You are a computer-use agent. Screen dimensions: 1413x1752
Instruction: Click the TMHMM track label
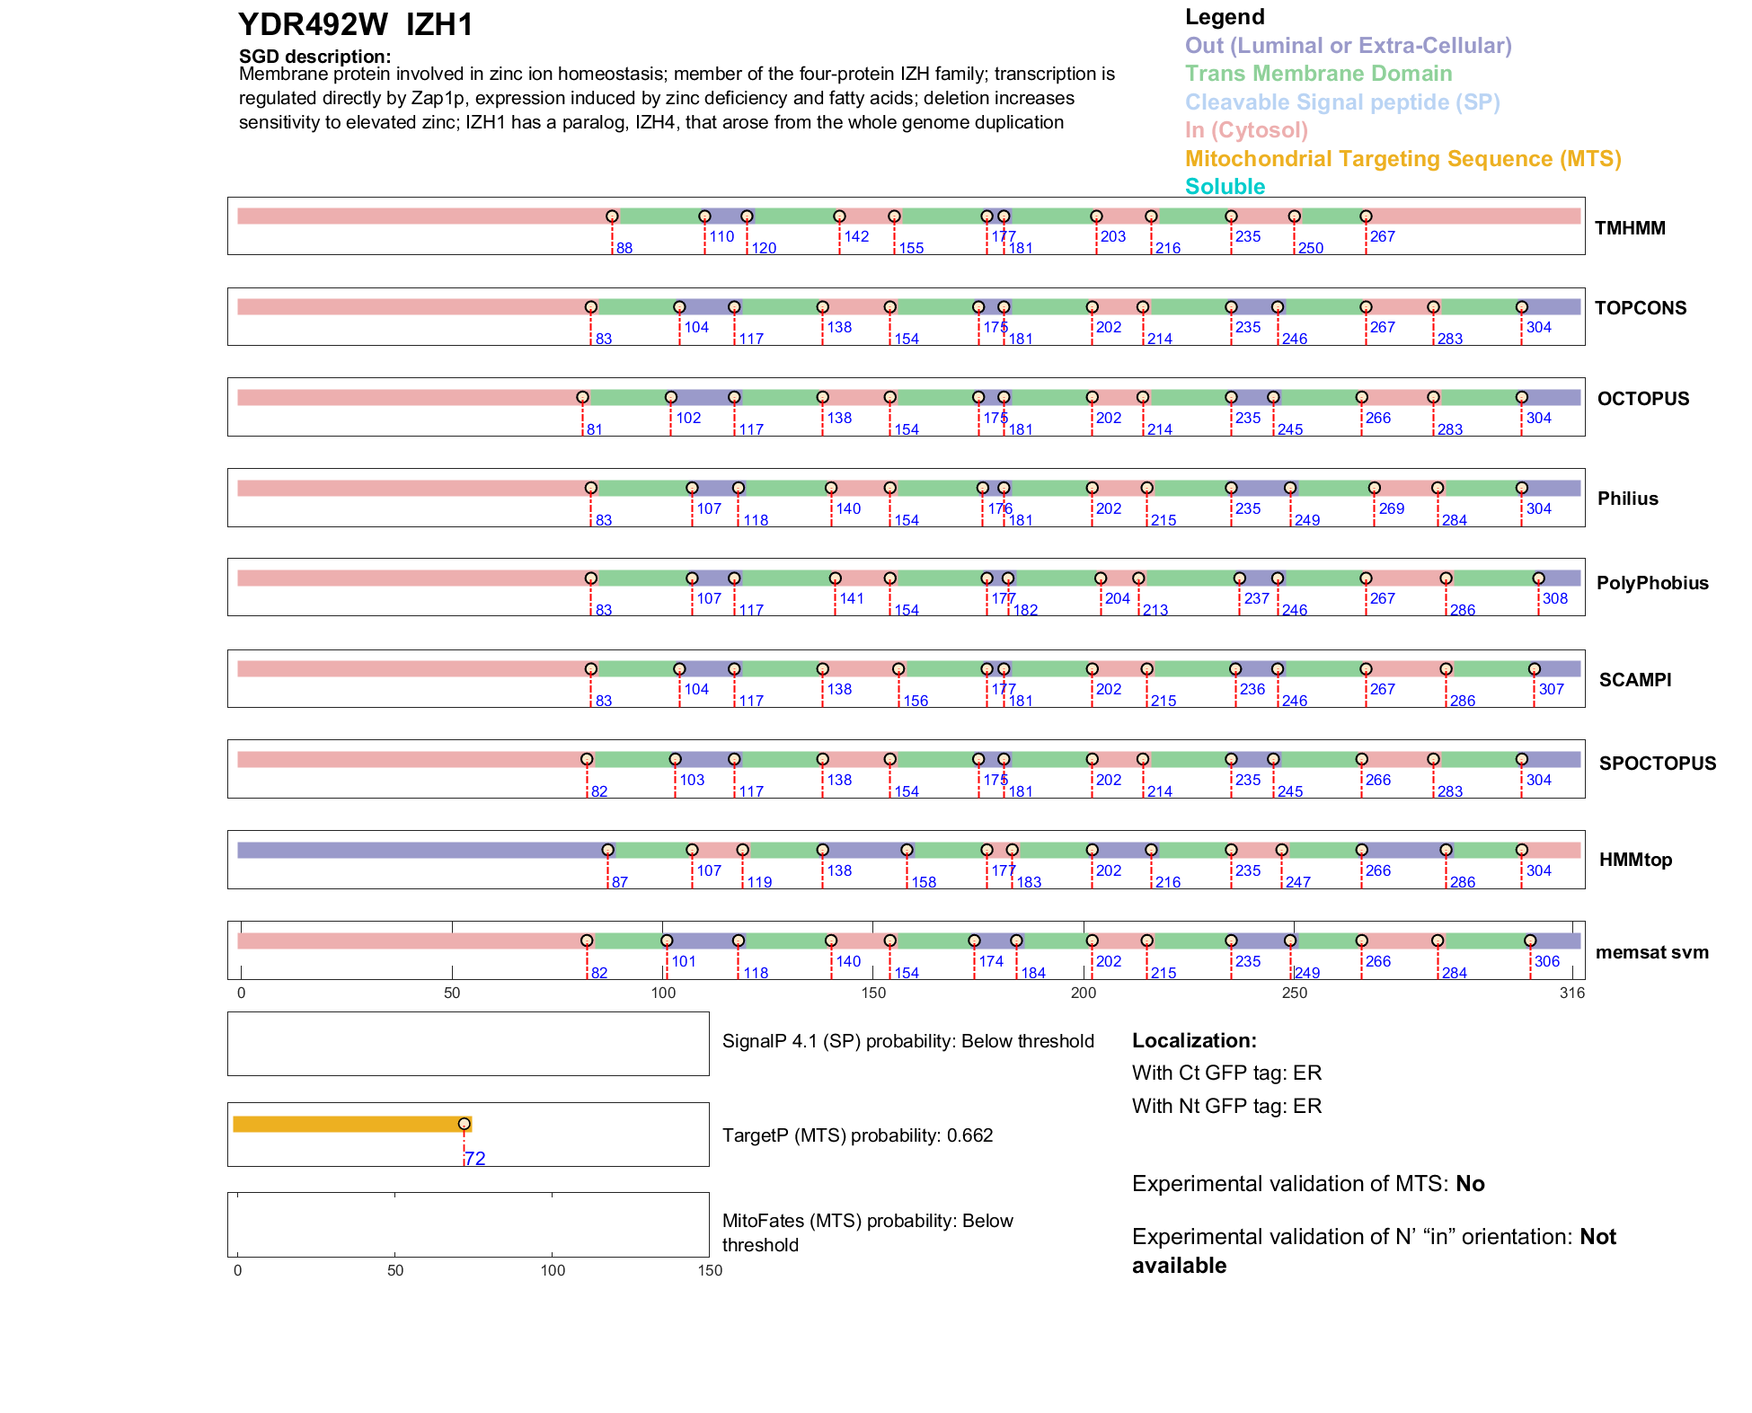(1629, 228)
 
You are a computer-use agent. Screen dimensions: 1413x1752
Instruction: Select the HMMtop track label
(1635, 860)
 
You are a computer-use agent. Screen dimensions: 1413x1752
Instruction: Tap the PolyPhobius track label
(1651, 583)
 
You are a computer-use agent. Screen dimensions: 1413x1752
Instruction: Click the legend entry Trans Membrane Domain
(1318, 74)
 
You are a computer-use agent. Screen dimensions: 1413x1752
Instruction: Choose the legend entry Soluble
(1225, 187)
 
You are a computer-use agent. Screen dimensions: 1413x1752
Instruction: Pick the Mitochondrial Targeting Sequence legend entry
(1402, 159)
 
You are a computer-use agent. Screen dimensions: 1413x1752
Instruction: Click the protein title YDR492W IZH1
(355, 25)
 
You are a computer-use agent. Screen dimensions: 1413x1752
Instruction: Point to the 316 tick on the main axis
(1572, 993)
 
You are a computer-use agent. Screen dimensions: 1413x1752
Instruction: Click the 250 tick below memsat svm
(1294, 993)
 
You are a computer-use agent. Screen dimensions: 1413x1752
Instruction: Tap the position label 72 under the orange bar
(475, 1159)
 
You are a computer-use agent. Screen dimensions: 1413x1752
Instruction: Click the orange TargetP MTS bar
(350, 1124)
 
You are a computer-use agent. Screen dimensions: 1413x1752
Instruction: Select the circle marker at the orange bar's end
(465, 1124)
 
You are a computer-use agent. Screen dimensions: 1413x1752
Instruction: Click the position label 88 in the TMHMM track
(624, 248)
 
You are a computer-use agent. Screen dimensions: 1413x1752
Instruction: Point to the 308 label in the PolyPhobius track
(1554, 599)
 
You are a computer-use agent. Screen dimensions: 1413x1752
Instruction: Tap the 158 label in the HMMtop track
(924, 882)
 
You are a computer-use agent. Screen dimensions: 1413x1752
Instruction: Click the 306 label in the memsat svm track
(1546, 961)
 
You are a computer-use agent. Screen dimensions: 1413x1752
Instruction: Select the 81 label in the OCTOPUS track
(594, 429)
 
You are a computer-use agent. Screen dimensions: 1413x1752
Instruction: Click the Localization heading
(1193, 1040)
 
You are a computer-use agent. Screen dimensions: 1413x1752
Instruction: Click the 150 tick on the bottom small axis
(710, 1270)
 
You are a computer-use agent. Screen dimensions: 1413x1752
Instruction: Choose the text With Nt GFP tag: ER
(1226, 1106)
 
